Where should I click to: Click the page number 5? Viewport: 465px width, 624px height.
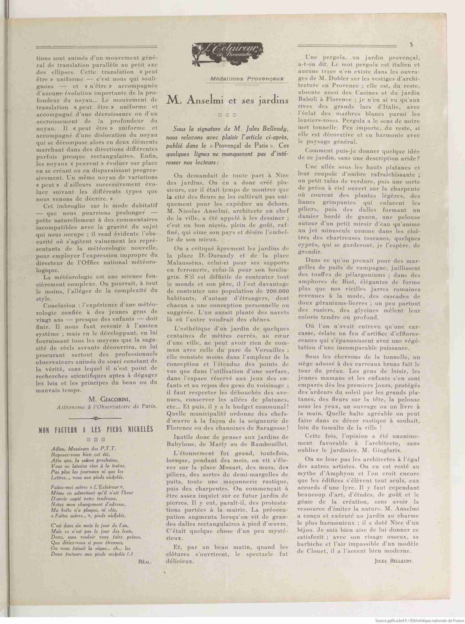click(x=411, y=44)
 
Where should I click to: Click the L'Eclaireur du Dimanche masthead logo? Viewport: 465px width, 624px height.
click(x=228, y=53)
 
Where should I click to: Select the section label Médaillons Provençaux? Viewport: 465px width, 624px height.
click(x=247, y=79)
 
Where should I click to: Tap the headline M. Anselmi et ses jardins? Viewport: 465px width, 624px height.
click(x=228, y=100)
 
